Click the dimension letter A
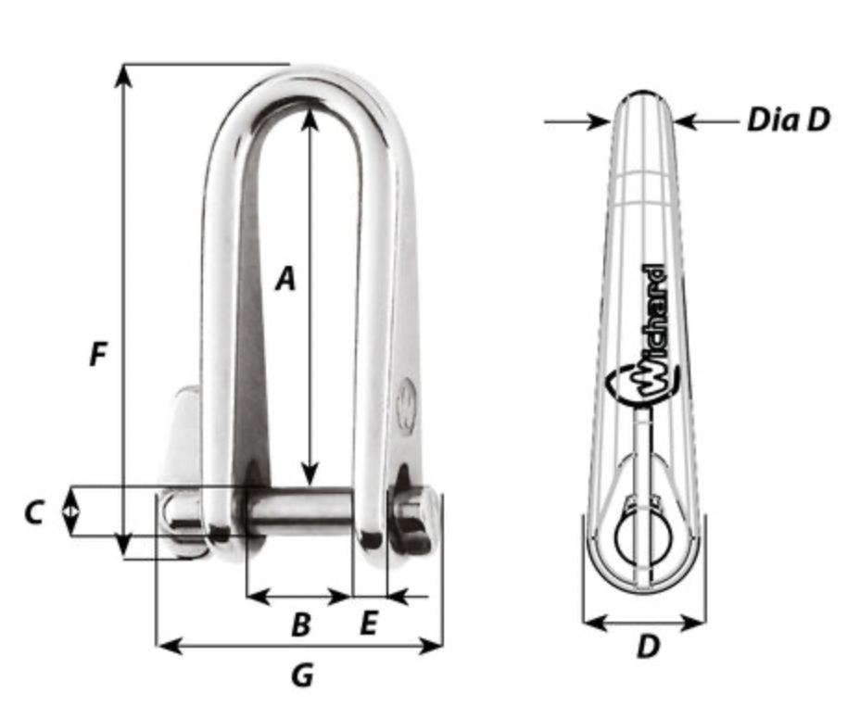click(x=285, y=279)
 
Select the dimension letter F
click(x=97, y=354)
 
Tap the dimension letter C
click(x=34, y=514)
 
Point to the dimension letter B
click(x=301, y=624)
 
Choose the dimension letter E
click(x=369, y=623)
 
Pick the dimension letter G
click(x=302, y=675)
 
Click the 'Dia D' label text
click(x=789, y=120)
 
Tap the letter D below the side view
click(x=649, y=647)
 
